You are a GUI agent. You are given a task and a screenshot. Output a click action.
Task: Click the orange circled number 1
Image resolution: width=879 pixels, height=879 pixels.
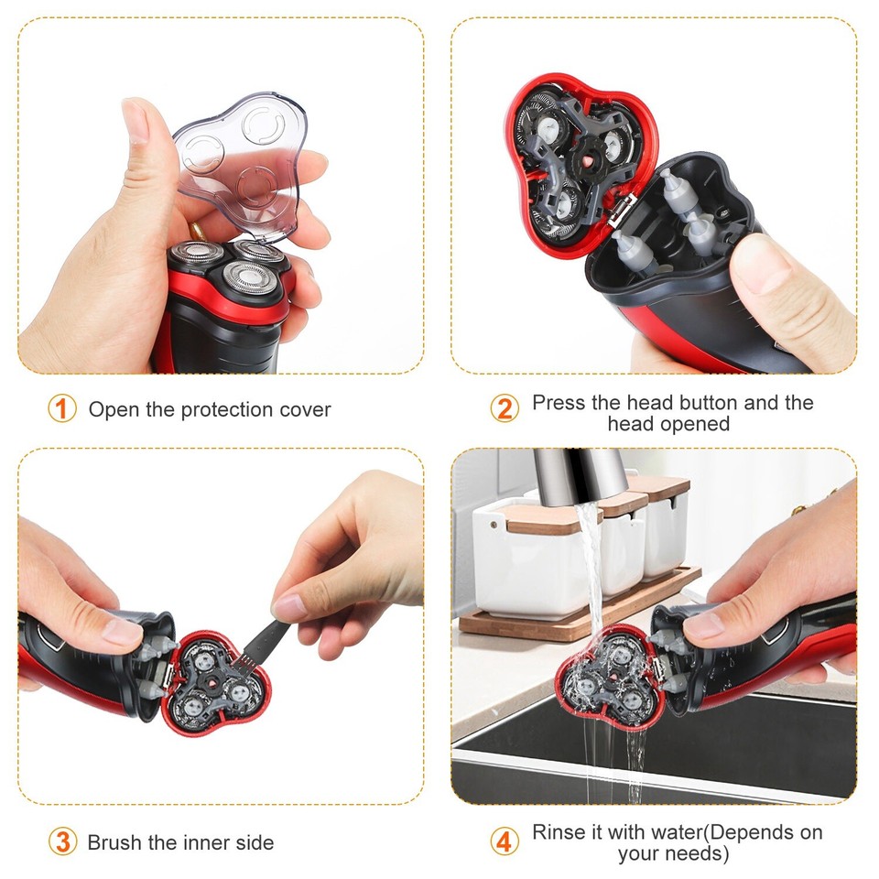[x=61, y=408]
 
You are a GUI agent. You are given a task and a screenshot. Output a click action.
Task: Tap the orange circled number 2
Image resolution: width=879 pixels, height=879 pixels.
[x=504, y=408]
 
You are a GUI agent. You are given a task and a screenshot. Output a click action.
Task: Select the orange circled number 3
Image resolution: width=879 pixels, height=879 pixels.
[x=61, y=841]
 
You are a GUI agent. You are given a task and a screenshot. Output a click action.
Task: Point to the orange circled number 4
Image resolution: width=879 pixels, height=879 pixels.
[x=504, y=841]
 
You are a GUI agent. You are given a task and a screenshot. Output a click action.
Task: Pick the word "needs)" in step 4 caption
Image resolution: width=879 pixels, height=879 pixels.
[x=700, y=854]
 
